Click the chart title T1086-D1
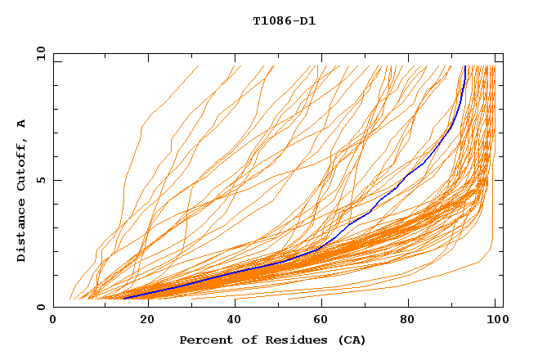284,20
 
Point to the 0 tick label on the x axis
53,322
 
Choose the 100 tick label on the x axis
495,322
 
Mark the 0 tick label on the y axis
41,308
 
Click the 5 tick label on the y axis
41,181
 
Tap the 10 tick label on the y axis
38,54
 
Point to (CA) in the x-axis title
351,340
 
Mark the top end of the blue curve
465,66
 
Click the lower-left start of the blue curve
124,299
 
